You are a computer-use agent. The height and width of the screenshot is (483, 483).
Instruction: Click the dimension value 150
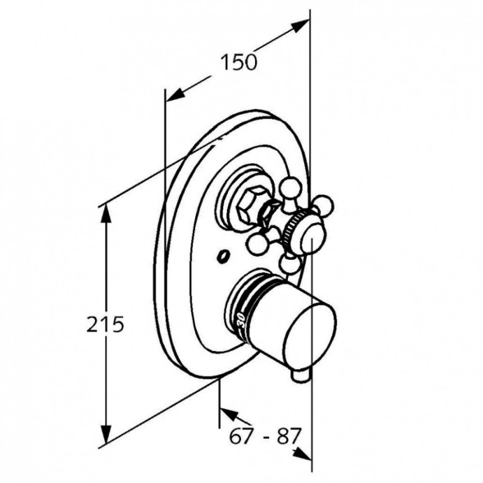(x=239, y=62)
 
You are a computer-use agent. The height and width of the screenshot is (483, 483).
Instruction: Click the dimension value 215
(x=105, y=324)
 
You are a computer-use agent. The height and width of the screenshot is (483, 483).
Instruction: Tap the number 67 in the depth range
(x=241, y=436)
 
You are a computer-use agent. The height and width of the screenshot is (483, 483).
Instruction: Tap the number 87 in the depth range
(x=289, y=436)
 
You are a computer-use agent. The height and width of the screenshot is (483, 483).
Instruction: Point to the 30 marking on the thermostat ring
(x=240, y=321)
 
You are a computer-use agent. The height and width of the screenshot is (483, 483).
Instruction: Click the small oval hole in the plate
(x=223, y=257)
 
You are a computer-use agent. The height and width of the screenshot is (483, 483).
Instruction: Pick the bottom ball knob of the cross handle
(x=289, y=265)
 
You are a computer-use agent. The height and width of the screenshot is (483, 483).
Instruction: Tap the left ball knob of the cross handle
(x=259, y=245)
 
